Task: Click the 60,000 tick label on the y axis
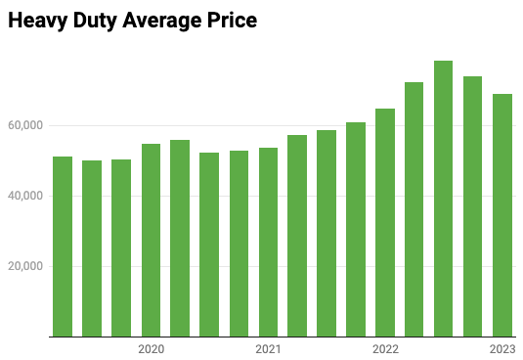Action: click(x=26, y=125)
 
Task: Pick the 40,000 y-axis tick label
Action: click(x=26, y=196)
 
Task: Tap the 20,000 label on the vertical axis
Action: click(x=26, y=266)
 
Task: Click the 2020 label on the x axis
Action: click(x=151, y=349)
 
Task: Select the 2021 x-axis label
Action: click(x=268, y=349)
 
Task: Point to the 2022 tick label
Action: click(x=385, y=349)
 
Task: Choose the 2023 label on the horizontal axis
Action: click(x=502, y=349)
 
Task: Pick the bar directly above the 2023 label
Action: click(x=502, y=215)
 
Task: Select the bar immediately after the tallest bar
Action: click(x=473, y=206)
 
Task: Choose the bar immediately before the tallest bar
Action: click(x=414, y=209)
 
